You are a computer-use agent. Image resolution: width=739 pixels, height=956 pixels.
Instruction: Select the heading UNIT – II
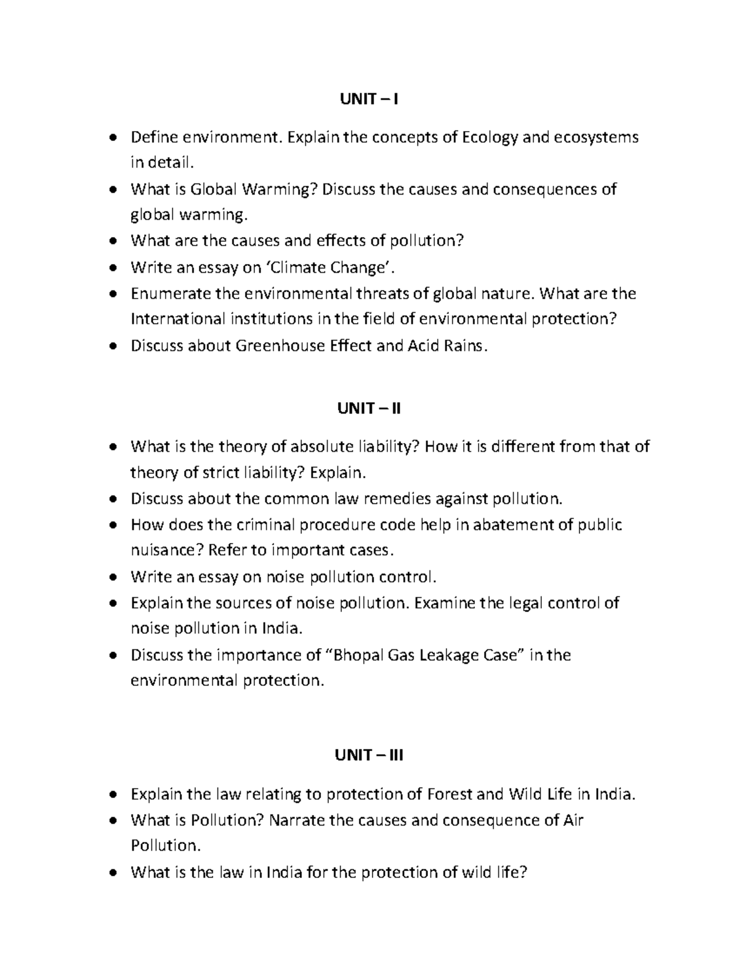click(x=369, y=408)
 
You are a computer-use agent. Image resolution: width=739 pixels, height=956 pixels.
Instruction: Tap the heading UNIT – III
click(x=369, y=755)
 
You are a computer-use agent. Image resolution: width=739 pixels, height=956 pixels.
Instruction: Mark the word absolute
click(x=320, y=446)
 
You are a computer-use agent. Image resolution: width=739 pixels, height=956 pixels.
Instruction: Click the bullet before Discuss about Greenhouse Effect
click(x=112, y=346)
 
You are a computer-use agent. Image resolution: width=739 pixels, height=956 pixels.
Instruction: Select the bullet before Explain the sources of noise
click(x=112, y=603)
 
